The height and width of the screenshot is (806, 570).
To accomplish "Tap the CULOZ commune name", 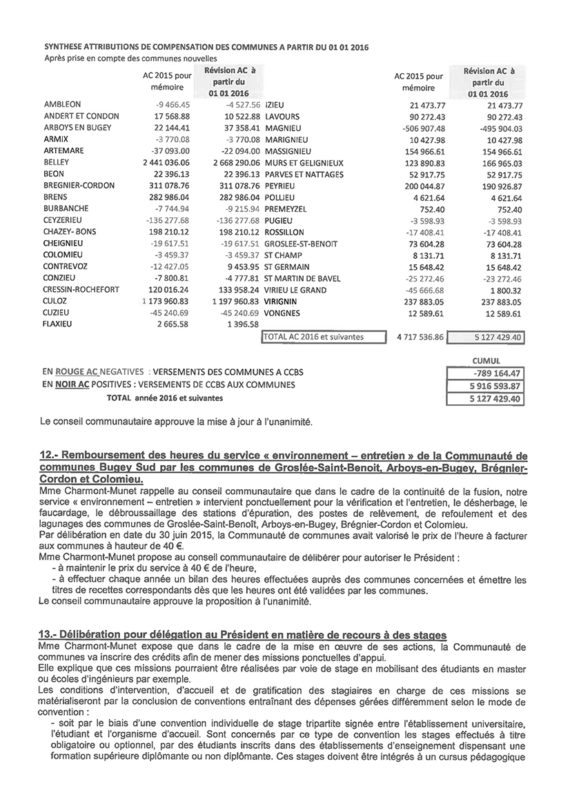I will click(55, 302).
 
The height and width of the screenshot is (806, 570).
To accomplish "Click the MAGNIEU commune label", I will click(286, 128).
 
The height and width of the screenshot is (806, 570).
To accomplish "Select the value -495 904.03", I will click(495, 128).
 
